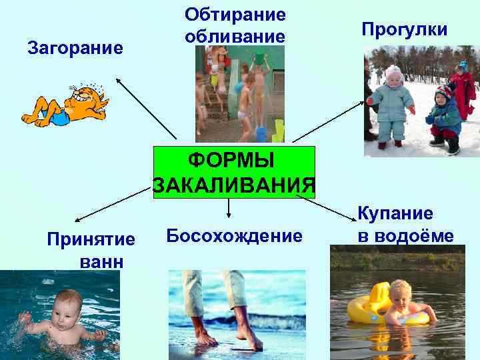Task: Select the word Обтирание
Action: [x=235, y=14]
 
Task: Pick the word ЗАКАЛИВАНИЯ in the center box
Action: [x=233, y=184]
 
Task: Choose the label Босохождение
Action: [x=234, y=235]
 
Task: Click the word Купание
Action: [x=395, y=213]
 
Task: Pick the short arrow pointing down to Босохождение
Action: [x=229, y=207]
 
